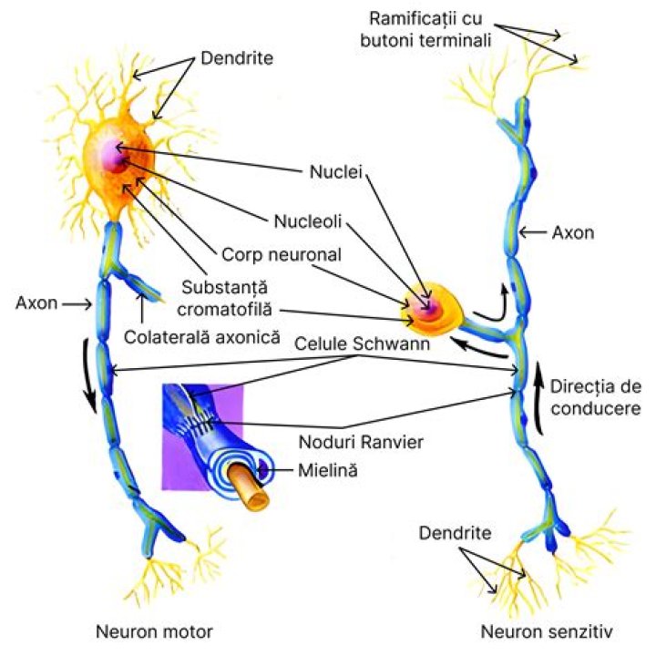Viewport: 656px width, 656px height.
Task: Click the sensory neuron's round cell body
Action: click(x=430, y=307)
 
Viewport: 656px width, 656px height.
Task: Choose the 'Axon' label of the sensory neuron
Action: click(x=573, y=232)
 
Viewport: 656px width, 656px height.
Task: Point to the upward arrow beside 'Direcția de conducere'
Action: click(x=540, y=401)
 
